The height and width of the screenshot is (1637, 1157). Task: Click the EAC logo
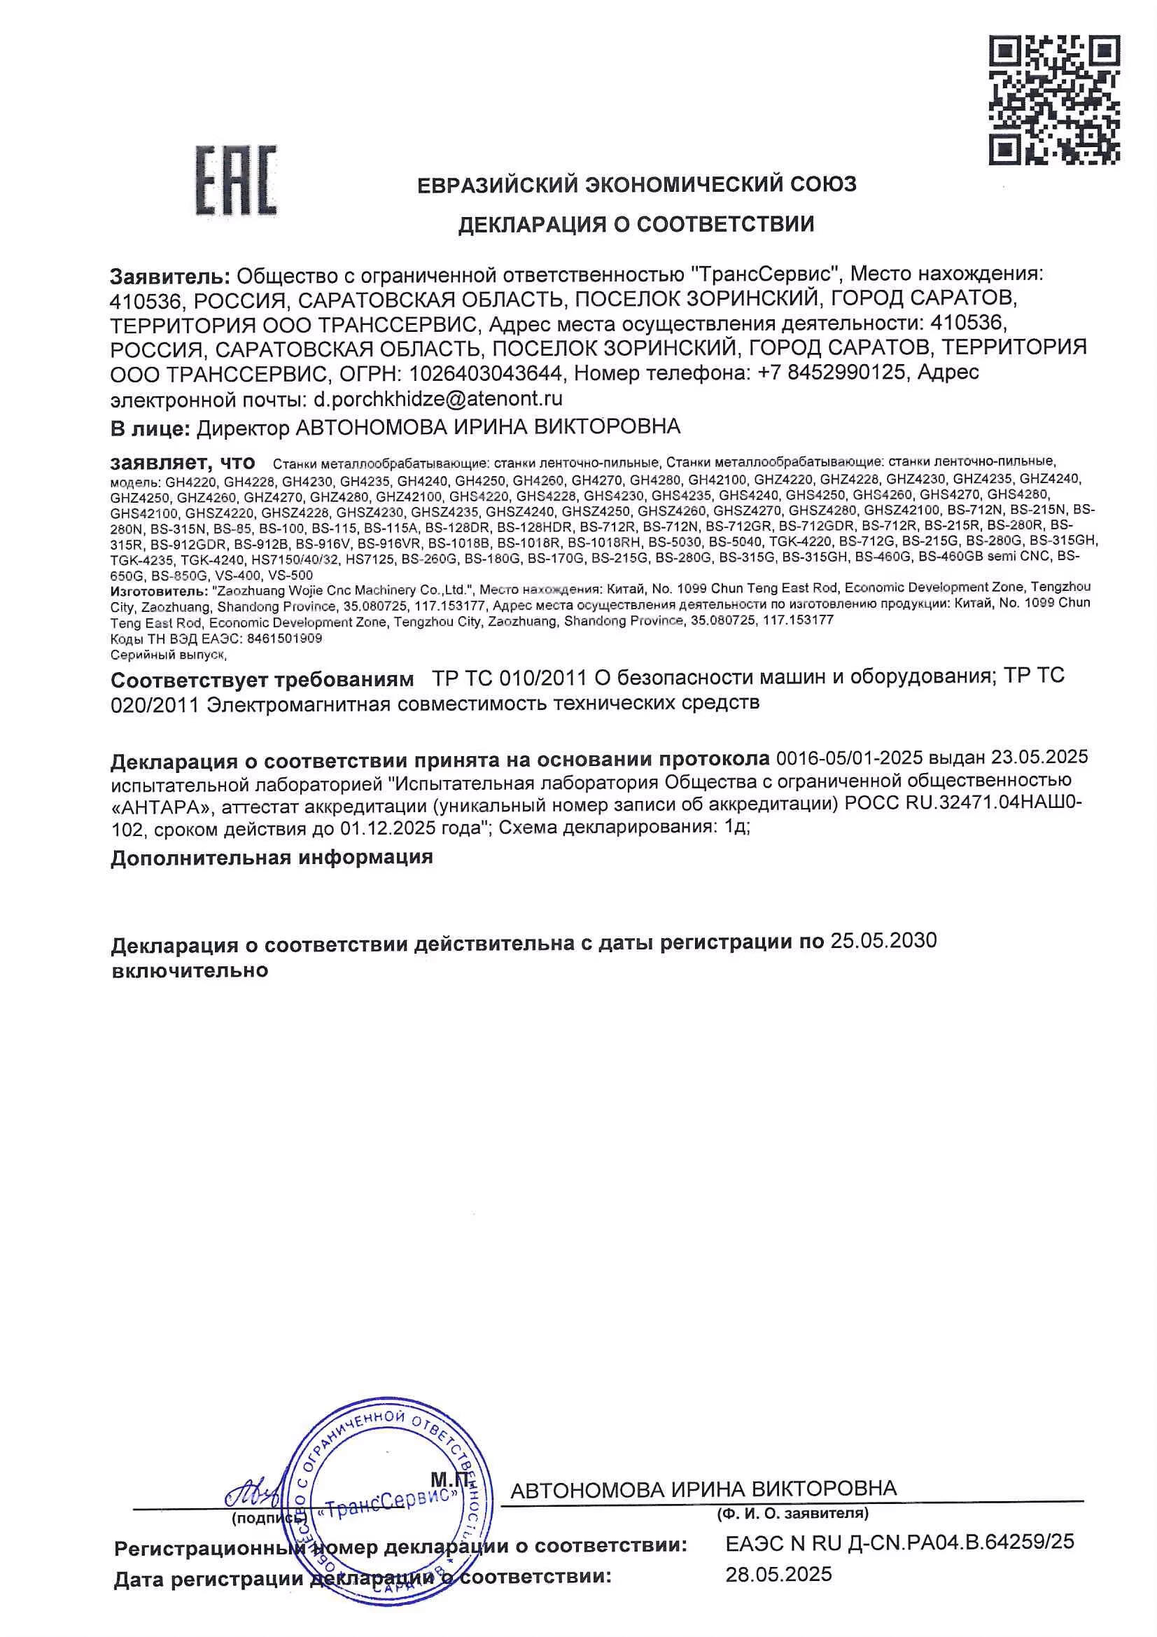point(236,181)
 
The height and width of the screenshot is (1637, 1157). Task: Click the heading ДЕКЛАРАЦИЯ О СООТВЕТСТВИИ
point(635,225)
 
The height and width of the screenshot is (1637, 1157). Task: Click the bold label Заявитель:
point(169,274)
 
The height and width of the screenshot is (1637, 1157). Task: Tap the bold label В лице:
point(150,428)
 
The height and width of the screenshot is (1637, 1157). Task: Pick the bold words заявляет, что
point(183,462)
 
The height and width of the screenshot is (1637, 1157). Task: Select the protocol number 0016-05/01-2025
point(850,756)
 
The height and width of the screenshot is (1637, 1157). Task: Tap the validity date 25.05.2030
point(883,941)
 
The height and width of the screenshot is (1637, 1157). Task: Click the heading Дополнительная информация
point(272,857)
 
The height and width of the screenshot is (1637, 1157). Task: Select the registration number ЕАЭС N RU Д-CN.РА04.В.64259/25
point(899,1543)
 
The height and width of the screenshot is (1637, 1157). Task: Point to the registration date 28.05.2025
point(778,1573)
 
